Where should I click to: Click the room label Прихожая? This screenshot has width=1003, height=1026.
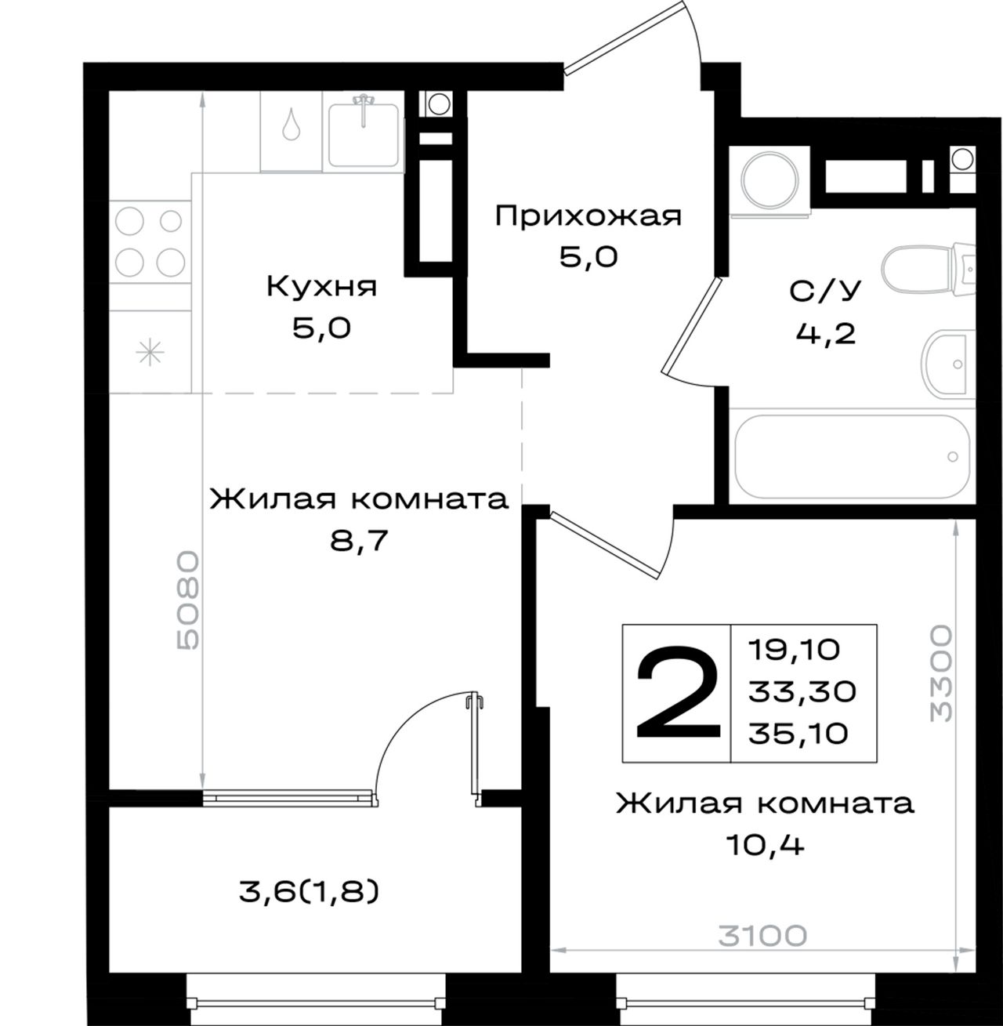coord(588,216)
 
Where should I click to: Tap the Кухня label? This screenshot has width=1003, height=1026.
coord(322,288)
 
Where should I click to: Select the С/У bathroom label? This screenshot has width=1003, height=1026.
coord(825,291)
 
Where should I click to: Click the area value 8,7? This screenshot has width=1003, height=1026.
coord(359,540)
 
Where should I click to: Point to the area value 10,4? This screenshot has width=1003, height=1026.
coord(766,846)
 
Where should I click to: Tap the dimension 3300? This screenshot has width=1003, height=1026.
coord(941,673)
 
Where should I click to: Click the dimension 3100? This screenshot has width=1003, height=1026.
coord(762,936)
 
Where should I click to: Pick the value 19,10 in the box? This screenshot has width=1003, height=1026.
coord(794,650)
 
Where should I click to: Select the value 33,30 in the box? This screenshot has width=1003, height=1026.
coord(802,692)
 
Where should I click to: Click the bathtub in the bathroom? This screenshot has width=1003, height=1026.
coord(853,457)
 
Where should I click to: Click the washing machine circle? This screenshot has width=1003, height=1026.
coord(769,180)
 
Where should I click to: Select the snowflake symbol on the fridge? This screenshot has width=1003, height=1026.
coord(150,351)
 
